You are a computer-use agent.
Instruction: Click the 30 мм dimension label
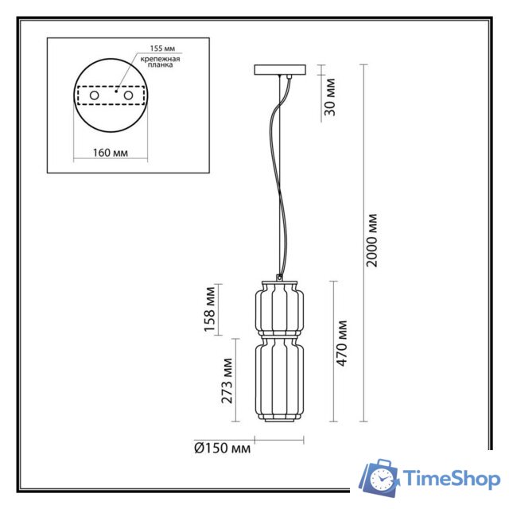[332, 96]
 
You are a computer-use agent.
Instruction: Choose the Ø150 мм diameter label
[222, 449]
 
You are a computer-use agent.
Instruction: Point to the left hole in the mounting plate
[95, 95]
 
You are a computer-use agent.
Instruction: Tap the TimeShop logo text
[452, 479]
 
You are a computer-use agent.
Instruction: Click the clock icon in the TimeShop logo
[383, 480]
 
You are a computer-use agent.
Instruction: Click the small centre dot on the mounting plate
[115, 92]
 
